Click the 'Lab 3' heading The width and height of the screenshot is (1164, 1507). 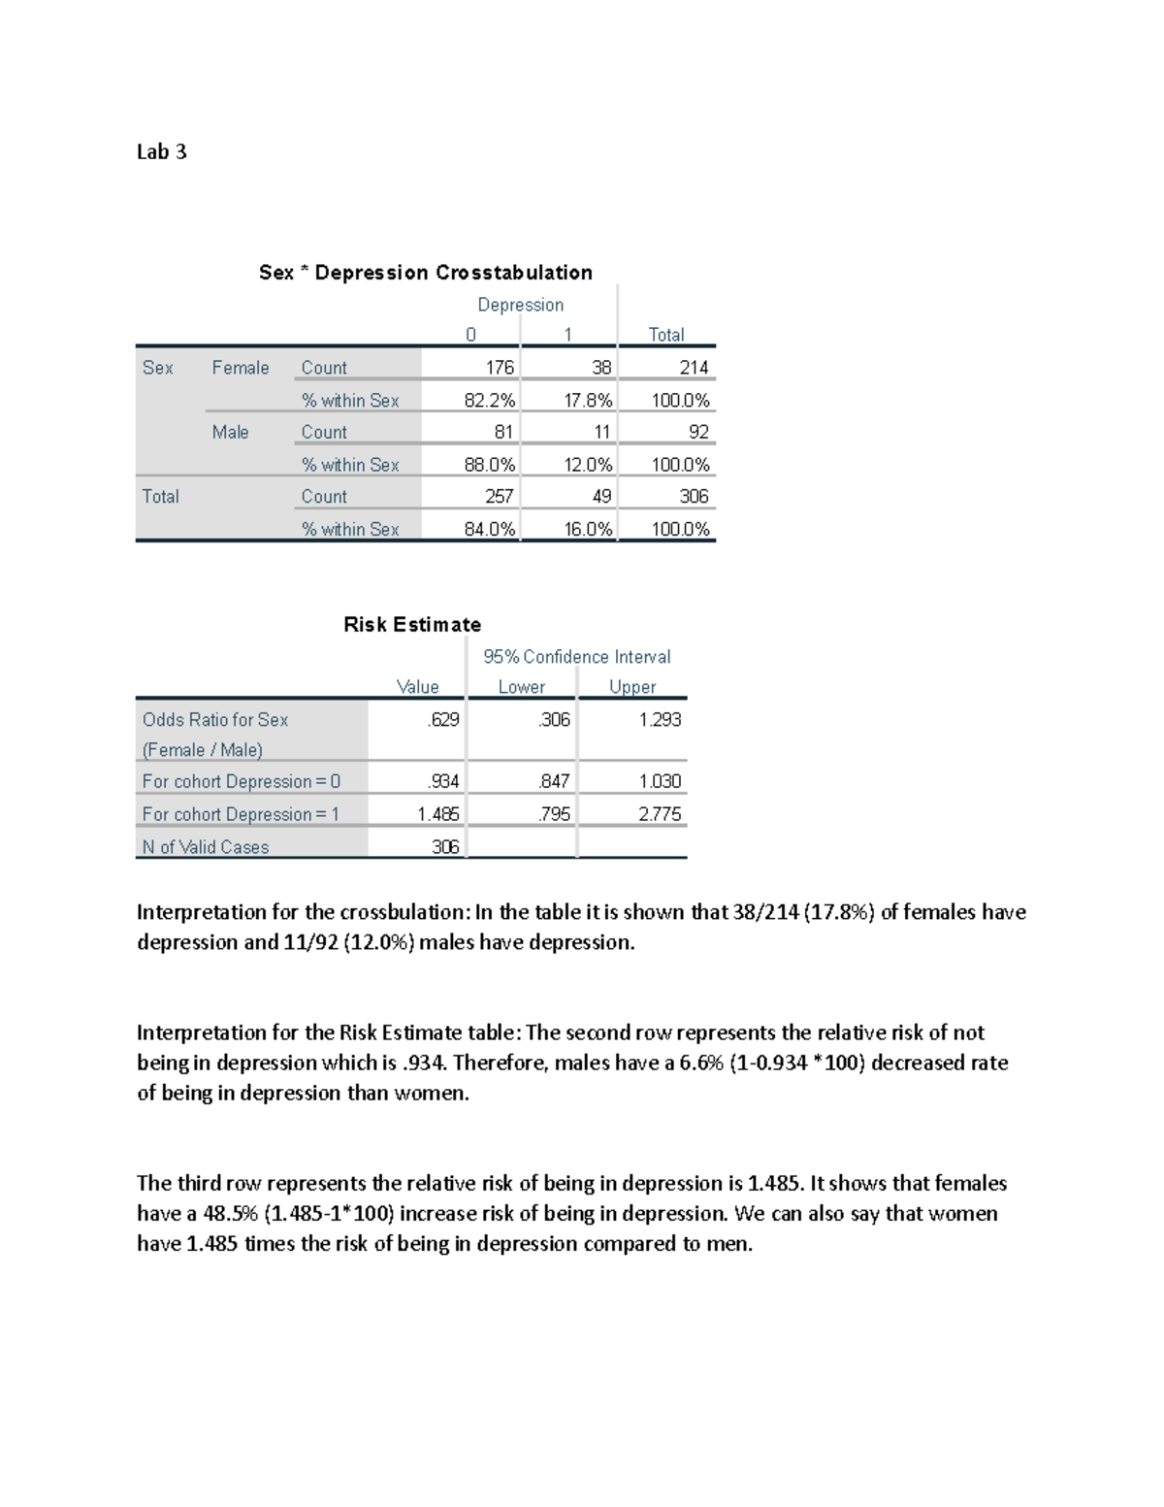(161, 151)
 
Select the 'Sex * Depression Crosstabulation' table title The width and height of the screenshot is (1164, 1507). (425, 273)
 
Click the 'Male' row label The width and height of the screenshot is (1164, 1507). (230, 432)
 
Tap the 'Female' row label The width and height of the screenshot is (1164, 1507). (241, 368)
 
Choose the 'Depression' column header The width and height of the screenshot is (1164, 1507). (520, 305)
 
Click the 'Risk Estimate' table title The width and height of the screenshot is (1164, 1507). (412, 625)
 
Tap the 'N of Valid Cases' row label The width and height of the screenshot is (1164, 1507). (206, 847)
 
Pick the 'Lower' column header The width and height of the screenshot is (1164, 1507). (522, 687)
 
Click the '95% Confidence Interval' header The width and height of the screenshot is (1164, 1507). (576, 657)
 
